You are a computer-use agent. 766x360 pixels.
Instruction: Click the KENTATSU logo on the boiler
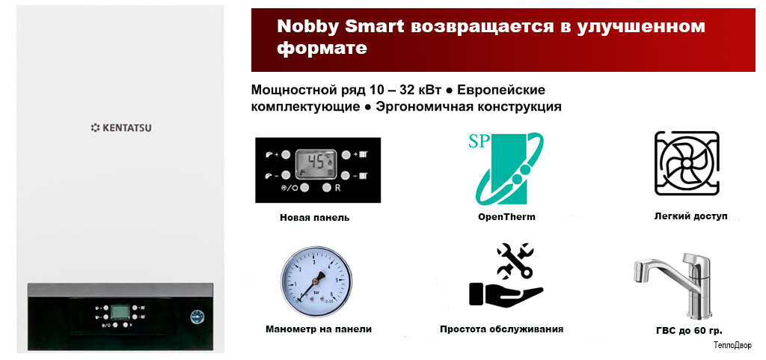click(x=120, y=128)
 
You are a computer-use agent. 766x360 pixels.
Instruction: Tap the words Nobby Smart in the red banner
click(x=340, y=26)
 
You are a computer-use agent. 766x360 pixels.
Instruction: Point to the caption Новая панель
click(x=314, y=218)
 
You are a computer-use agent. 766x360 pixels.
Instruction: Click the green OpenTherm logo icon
click(x=506, y=168)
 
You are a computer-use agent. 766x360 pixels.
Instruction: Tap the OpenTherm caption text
click(x=506, y=217)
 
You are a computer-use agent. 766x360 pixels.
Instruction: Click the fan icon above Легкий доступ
click(x=686, y=163)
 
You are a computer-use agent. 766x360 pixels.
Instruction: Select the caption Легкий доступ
click(x=690, y=216)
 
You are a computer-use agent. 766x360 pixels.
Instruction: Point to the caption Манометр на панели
click(x=318, y=329)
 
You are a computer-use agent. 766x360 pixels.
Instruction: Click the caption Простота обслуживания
click(x=501, y=329)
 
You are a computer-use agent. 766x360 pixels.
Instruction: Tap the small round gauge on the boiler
click(x=197, y=317)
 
